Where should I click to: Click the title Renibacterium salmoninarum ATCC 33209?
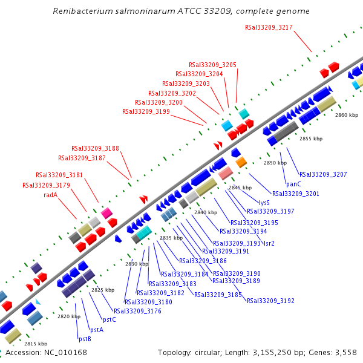[181, 11]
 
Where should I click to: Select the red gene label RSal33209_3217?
[269, 27]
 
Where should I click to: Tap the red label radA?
[50, 195]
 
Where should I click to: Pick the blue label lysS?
[264, 203]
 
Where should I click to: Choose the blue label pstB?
[85, 339]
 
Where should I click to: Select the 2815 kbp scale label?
[35, 344]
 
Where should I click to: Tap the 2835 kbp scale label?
[171, 238]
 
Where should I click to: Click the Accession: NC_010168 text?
[46, 353]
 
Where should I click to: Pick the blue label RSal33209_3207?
[323, 174]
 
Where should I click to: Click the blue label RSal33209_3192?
[270, 301]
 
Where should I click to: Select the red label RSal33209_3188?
[95, 148]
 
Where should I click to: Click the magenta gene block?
[106, 213]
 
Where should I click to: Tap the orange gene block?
[241, 162]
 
